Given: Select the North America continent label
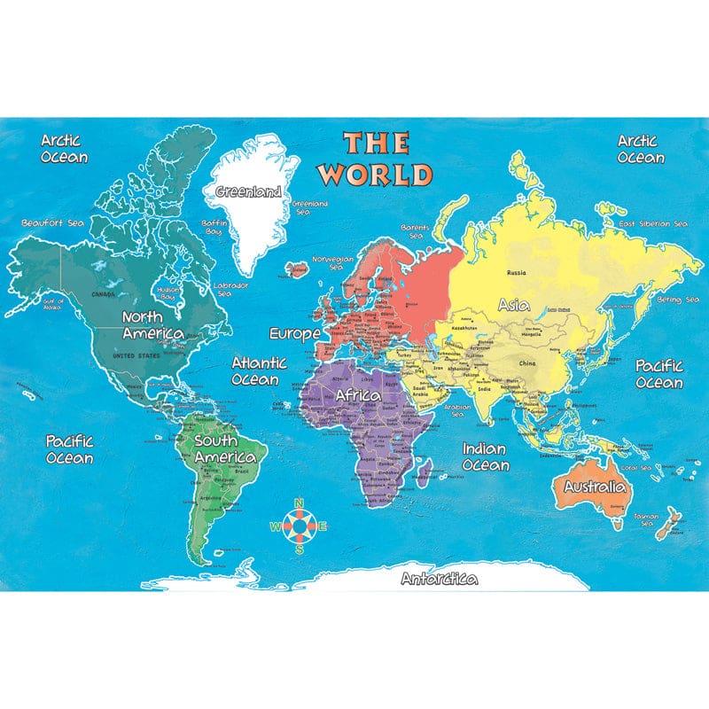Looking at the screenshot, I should click(152, 324).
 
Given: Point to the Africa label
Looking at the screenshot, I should click(358, 394).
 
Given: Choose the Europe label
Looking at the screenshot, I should click(294, 334).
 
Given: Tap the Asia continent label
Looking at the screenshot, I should click(514, 304).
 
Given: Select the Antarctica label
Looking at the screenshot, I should click(439, 580).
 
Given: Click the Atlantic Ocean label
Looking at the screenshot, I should click(259, 370).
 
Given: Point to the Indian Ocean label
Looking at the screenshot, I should click(485, 456).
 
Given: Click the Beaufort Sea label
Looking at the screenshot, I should click(52, 222).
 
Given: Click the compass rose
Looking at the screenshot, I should click(300, 526).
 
